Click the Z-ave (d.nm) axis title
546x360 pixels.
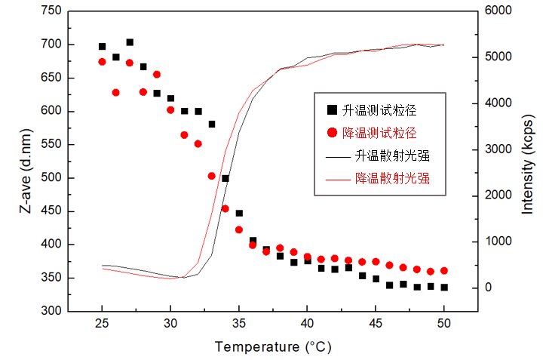28,160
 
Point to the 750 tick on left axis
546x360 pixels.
51,11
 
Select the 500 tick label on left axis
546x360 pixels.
51,178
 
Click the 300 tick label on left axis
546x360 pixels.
51,311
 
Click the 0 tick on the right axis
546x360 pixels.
489,288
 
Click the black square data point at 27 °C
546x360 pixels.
130,42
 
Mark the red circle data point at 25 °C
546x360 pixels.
102,62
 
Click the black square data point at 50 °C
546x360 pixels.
444,288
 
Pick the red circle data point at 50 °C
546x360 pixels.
444,270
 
